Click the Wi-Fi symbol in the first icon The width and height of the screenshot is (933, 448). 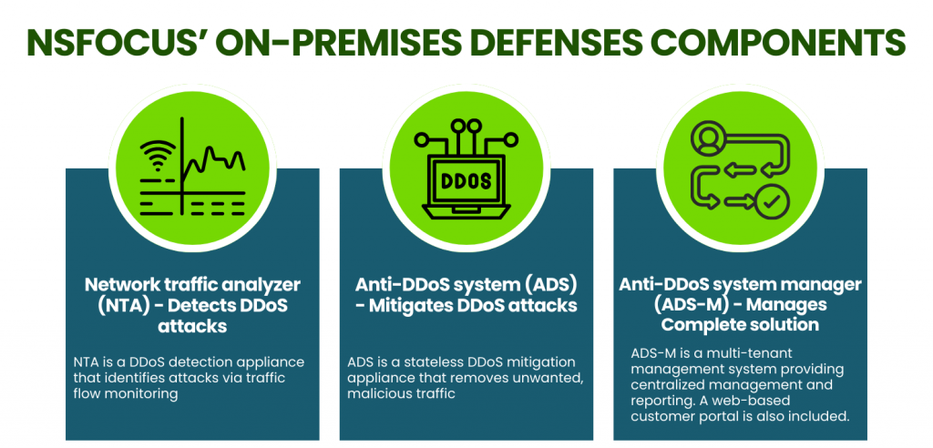(157, 157)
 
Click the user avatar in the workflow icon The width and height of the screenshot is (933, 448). (708, 137)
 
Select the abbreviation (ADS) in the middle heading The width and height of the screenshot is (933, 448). (548, 285)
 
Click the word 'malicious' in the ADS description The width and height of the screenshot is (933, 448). (374, 394)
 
